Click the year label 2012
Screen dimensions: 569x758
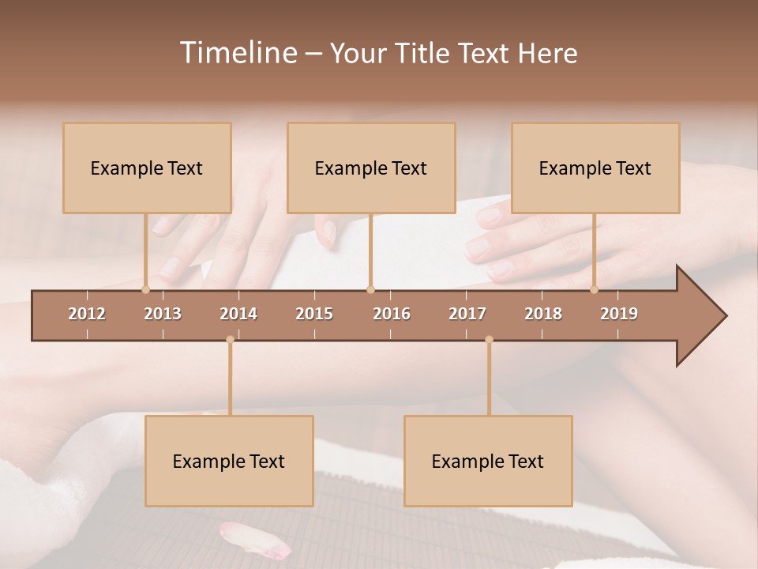87,314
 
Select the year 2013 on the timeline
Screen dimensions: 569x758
163,314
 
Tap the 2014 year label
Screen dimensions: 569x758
238,314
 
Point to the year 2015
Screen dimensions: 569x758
314,314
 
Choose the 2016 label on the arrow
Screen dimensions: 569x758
392,314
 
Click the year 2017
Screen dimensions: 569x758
467,314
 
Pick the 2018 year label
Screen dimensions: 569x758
543,314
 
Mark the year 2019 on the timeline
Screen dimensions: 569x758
619,314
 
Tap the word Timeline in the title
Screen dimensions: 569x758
237,53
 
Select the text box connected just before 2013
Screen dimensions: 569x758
147,168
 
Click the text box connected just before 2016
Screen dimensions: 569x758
371,168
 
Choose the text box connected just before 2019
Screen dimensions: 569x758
595,168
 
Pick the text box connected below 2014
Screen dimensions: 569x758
229,461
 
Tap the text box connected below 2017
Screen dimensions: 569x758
488,461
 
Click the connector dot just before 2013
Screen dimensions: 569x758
145,289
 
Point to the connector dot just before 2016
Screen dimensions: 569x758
370,289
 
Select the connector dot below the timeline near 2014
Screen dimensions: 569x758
230,340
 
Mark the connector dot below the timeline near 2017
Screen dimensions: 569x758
489,340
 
